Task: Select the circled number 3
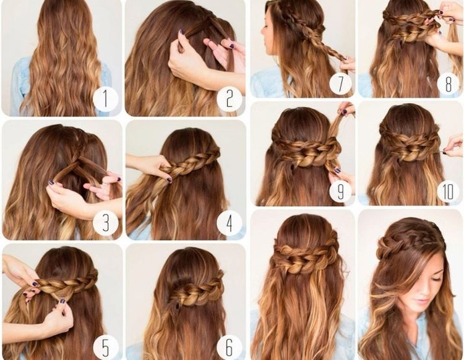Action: pos(105,223)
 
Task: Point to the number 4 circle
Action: pos(229,223)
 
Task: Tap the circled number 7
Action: pos(340,83)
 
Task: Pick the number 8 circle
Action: pos(449,83)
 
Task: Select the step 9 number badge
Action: pos(340,191)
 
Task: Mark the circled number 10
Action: pos(449,191)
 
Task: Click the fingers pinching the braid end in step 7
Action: pos(346,62)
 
